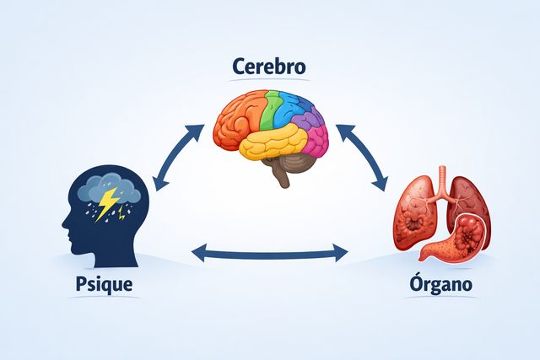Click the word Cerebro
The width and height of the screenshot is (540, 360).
click(x=270, y=65)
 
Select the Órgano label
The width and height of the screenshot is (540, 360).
click(x=439, y=284)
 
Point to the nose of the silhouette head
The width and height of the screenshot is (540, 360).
click(x=64, y=225)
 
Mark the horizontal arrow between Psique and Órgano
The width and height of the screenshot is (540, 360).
click(x=270, y=251)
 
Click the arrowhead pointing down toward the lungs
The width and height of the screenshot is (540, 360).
click(x=382, y=181)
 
